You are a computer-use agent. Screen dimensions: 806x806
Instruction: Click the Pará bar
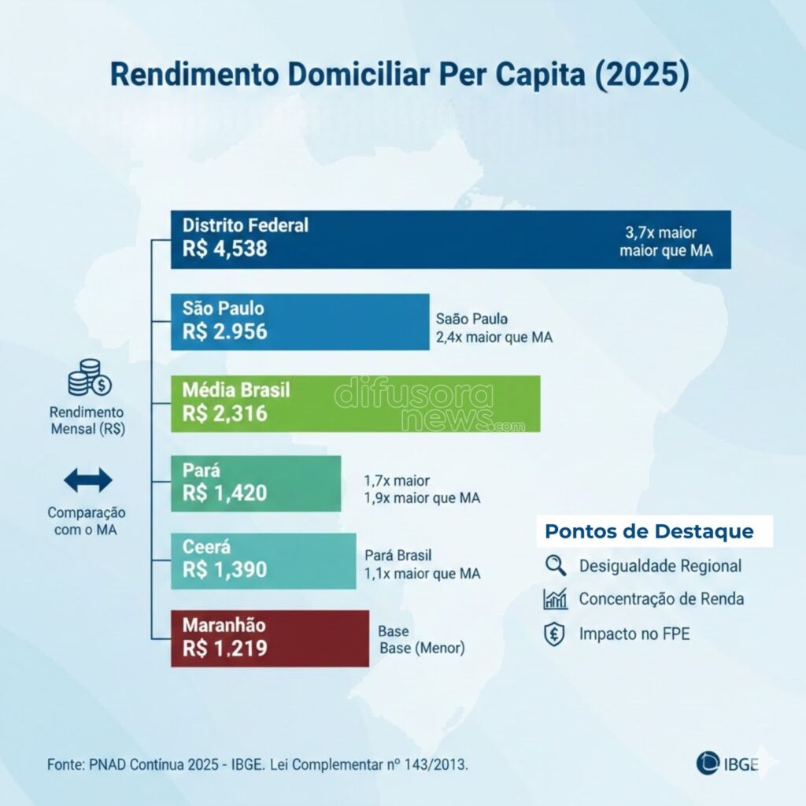[x=256, y=483]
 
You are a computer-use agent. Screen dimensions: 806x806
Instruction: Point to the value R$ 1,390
[x=225, y=570]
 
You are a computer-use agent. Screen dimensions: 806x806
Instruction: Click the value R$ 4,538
[x=225, y=249]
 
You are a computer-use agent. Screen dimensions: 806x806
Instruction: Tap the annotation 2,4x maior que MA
[x=494, y=338]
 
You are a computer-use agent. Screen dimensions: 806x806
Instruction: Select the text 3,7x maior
[x=661, y=233]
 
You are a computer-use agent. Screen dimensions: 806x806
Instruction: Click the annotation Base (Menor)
[x=422, y=649]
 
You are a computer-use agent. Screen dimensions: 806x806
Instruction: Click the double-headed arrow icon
[x=88, y=479]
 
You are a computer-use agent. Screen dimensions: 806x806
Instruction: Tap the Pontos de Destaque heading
[x=649, y=531]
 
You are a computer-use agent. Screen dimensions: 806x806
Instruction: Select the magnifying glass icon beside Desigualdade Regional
[x=555, y=565]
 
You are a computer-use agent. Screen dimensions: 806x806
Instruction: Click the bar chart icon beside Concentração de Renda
[x=555, y=599]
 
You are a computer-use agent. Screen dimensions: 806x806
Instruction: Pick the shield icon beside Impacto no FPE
[x=555, y=634]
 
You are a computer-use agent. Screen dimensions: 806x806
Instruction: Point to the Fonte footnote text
[x=257, y=764]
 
